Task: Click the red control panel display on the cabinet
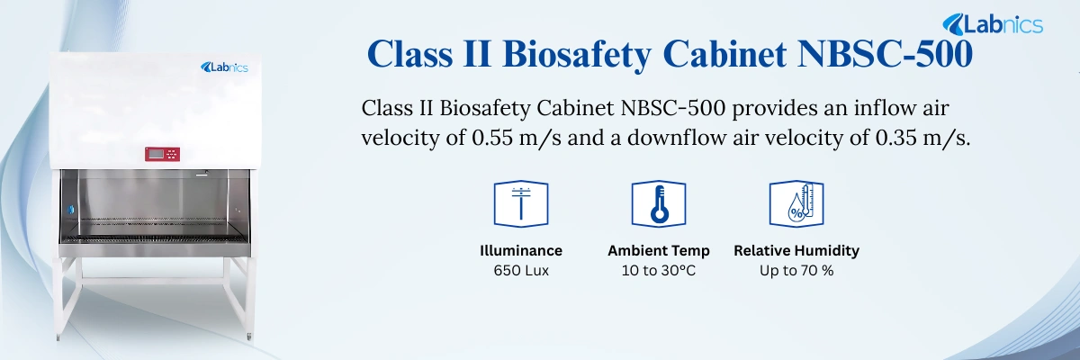point(163,155)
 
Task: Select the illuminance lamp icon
point(521,202)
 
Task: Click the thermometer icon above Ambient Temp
point(658,202)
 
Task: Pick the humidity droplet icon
point(796,202)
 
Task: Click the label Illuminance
point(521,250)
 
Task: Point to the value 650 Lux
point(521,270)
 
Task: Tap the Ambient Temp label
point(658,250)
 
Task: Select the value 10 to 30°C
point(658,270)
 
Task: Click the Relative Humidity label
point(796,250)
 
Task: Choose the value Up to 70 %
point(796,270)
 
